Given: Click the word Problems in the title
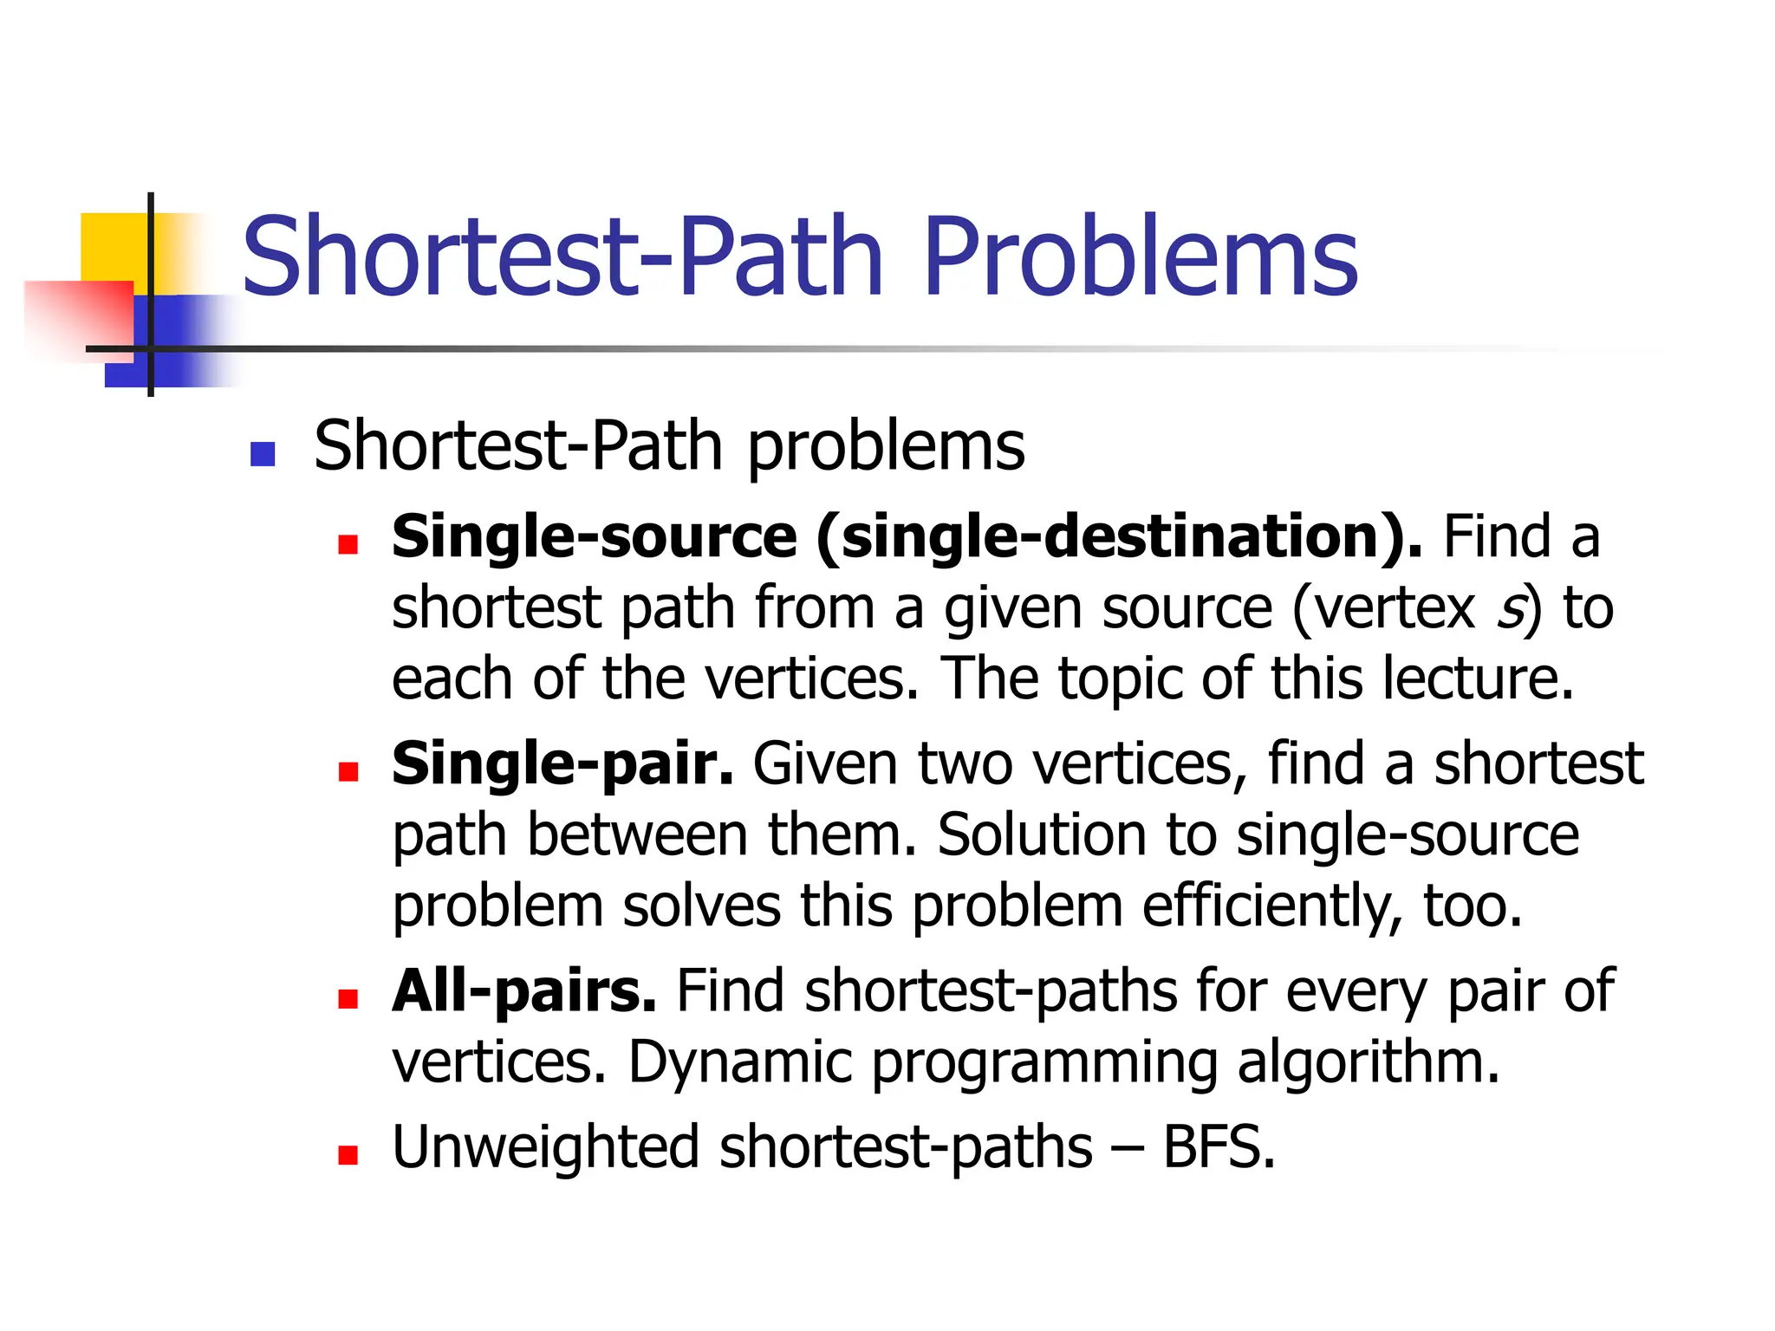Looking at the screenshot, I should tap(1140, 257).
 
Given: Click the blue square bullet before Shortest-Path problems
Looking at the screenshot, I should tap(262, 454).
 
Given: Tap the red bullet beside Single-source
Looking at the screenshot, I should tap(348, 544).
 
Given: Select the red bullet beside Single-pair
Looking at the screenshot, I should tap(348, 771).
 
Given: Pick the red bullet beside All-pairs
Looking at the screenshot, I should tap(348, 999).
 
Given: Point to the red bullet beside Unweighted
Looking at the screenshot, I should tap(348, 1154).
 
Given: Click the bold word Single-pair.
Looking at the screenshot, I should tap(562, 764).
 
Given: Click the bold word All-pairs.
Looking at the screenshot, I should tap(524, 990).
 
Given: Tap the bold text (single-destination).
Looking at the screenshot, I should tap(1119, 537).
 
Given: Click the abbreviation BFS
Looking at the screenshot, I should tap(1218, 1147).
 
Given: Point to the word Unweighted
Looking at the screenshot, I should tap(545, 1147).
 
